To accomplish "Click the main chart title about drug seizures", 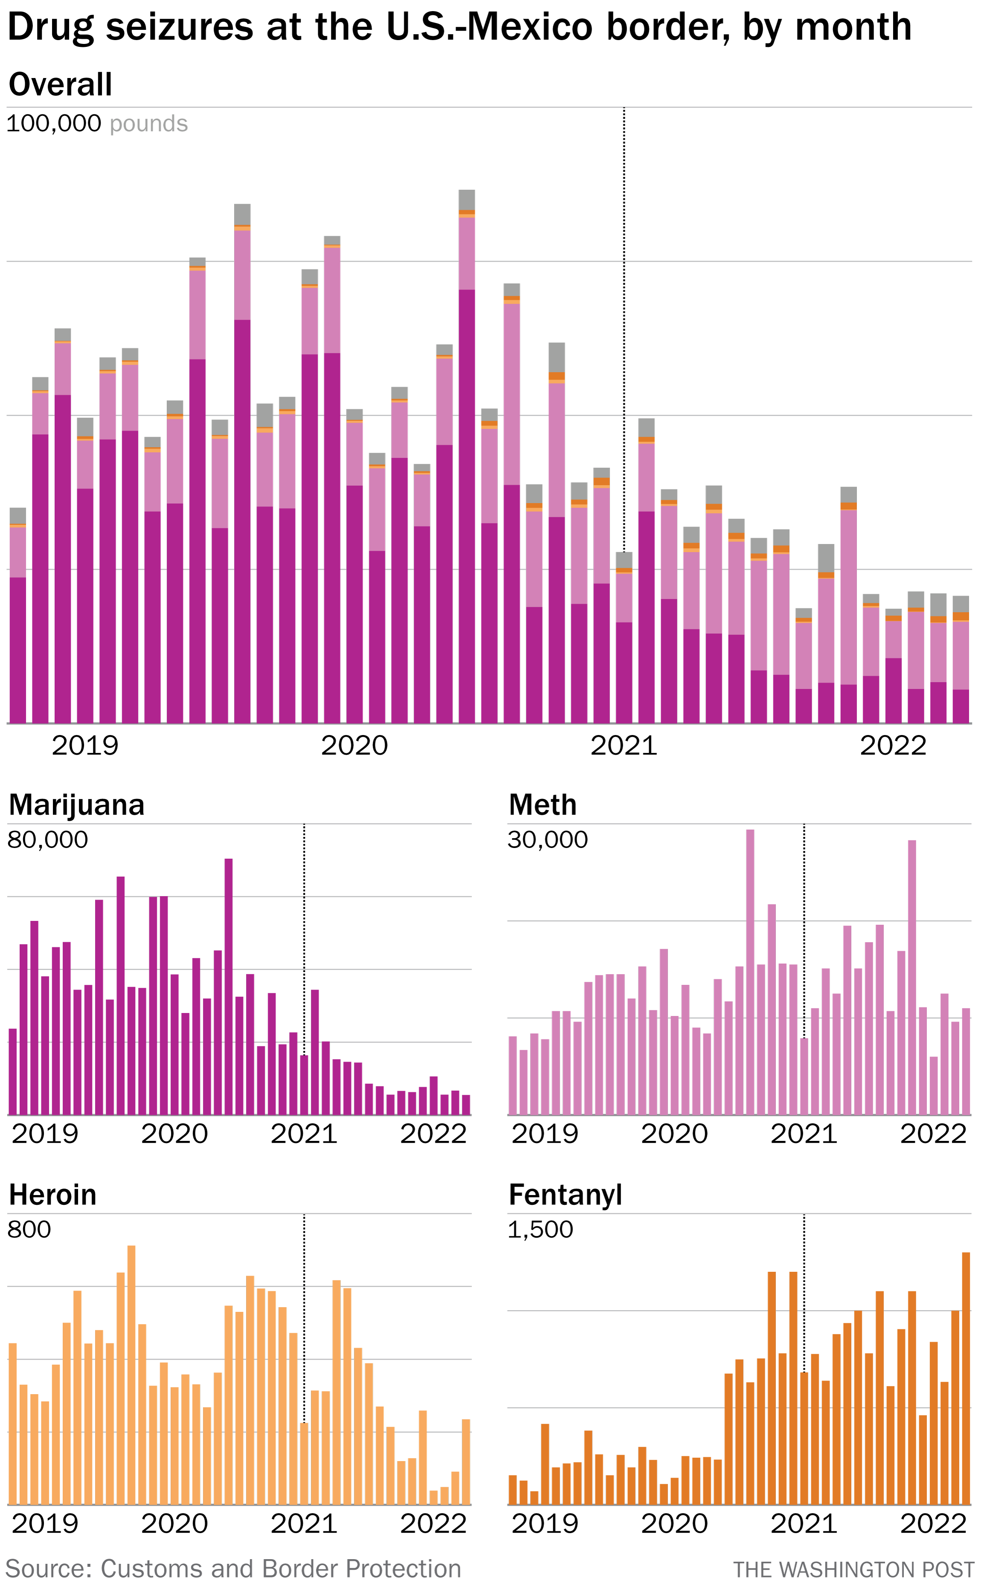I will click(x=459, y=27).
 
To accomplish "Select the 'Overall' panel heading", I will click(x=60, y=84).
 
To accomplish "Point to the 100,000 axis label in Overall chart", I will click(x=53, y=123).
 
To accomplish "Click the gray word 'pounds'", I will click(x=148, y=124).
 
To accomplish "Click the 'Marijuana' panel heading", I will click(x=76, y=805).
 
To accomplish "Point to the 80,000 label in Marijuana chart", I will click(x=47, y=840).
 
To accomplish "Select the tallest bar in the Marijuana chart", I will click(x=228, y=986).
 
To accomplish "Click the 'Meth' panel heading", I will click(x=543, y=805).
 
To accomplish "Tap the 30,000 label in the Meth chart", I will click(x=548, y=840).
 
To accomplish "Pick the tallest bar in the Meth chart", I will click(x=750, y=972).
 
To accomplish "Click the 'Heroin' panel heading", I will click(x=52, y=1194).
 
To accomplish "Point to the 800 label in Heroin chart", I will click(x=29, y=1230).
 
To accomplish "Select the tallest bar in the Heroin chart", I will click(x=131, y=1375).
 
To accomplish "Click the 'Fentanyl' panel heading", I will click(x=565, y=1194).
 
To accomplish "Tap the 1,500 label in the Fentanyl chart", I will click(x=540, y=1230).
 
